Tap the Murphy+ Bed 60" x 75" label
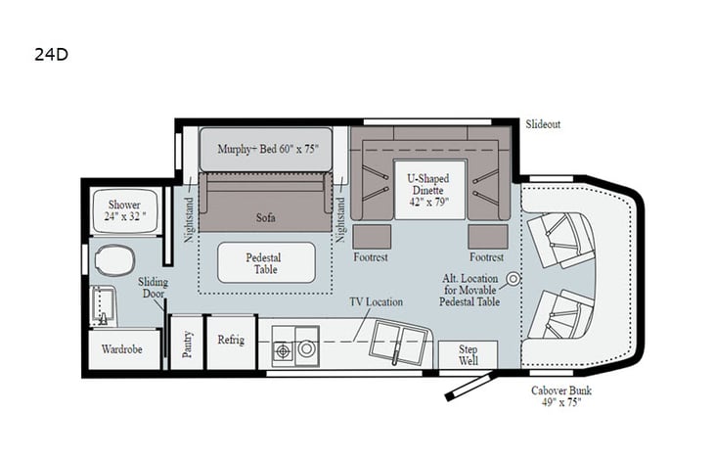(x=266, y=149)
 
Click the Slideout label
(x=543, y=124)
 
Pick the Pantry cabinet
(x=187, y=343)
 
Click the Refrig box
(x=231, y=342)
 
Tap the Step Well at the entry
(x=467, y=353)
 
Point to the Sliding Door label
(x=153, y=290)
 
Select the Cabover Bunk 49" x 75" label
(x=561, y=397)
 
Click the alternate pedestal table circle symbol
(x=512, y=279)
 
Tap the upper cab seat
(x=560, y=236)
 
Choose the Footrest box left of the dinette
(x=372, y=236)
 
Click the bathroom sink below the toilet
(x=104, y=307)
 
